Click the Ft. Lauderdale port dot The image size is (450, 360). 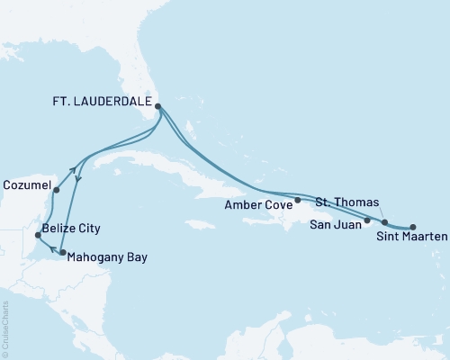pyautogui.click(x=158, y=106)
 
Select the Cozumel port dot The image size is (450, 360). pyautogui.click(x=56, y=190)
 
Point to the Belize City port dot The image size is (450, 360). pyautogui.click(x=37, y=235)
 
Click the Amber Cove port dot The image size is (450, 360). pyautogui.click(x=297, y=200)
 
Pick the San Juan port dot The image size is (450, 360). pyautogui.click(x=367, y=220)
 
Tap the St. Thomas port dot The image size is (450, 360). pyautogui.click(x=384, y=221)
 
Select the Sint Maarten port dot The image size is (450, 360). pyautogui.click(x=413, y=227)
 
